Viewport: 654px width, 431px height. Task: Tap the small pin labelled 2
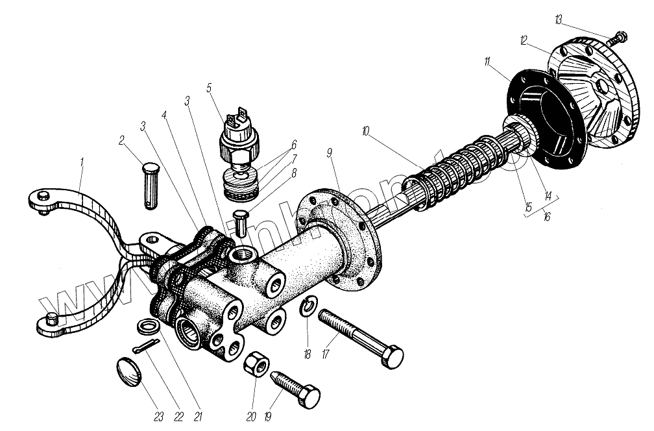point(149,185)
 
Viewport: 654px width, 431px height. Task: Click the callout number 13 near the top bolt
point(558,20)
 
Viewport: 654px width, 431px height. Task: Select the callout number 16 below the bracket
point(546,215)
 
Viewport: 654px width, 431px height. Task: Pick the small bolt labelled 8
point(241,223)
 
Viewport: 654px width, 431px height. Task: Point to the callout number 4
point(165,116)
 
